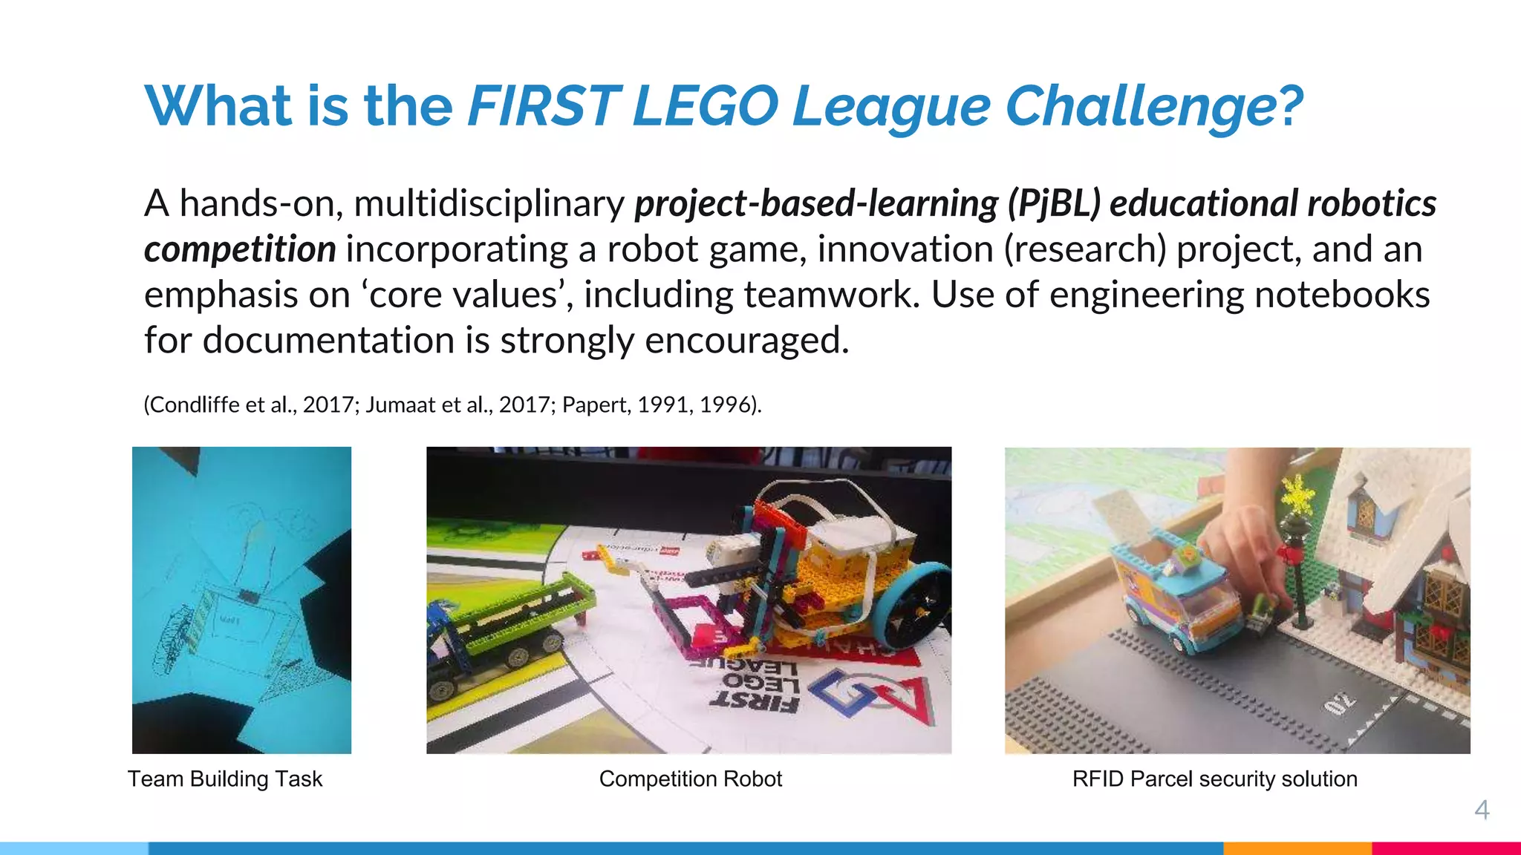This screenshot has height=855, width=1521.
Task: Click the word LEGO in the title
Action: point(705,106)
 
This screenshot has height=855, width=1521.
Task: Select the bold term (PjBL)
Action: point(1053,204)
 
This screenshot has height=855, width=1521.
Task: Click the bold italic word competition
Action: point(240,249)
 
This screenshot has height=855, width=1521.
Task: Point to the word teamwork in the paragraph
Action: point(831,295)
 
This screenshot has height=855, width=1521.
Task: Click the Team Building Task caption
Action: point(225,779)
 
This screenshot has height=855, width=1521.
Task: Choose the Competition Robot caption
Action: point(690,779)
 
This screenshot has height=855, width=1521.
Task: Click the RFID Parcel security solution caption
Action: point(1214,779)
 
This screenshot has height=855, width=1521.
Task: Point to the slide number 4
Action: point(1482,810)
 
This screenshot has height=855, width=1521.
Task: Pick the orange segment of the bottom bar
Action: point(1297,848)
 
